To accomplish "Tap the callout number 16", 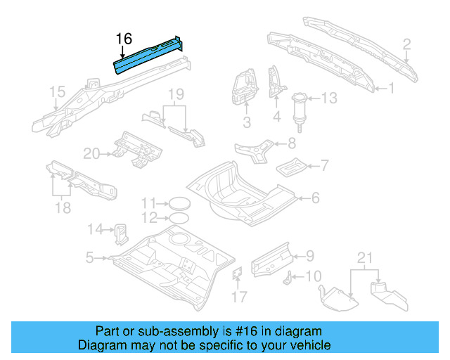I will coord(124,39).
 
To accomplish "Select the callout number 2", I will coord(406,46).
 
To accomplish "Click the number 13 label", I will coord(330,98).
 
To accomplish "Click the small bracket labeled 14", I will coord(121,231).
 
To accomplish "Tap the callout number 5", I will coord(90,258).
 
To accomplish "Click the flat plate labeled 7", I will coord(289,169).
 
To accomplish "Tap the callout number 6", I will coord(314,198).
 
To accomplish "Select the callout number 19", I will coord(175,94).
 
